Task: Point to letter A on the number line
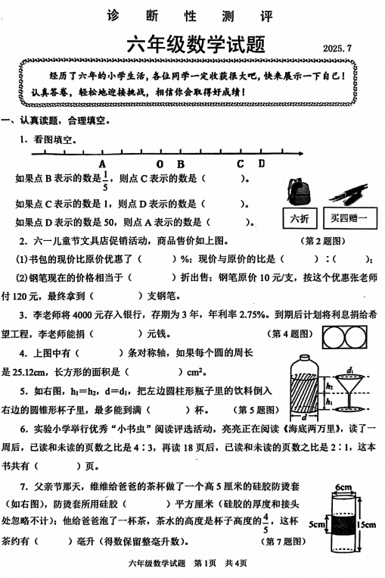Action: pos(102,163)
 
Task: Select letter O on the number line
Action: pos(160,163)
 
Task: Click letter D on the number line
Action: pos(261,163)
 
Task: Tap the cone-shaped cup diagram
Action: pos(349,390)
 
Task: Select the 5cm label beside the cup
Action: pos(316,523)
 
